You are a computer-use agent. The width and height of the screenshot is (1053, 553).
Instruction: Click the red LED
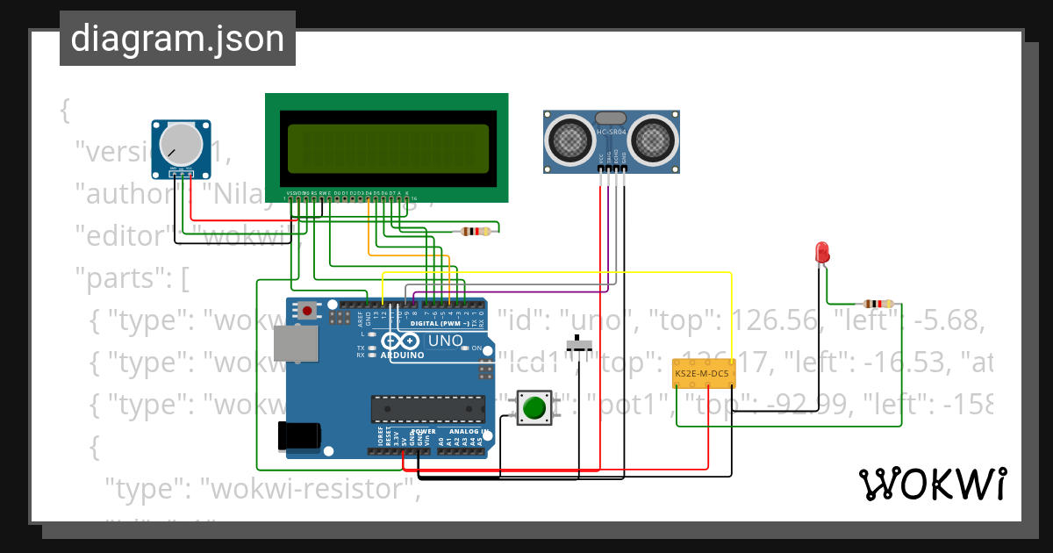[x=822, y=252]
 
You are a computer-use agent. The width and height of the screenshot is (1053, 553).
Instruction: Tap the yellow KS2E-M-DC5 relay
[x=704, y=374]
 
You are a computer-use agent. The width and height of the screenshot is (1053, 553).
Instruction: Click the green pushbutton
[x=533, y=408]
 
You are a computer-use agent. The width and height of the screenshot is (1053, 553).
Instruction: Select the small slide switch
[x=577, y=344]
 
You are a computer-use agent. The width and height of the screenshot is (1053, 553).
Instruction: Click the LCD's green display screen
[x=385, y=147]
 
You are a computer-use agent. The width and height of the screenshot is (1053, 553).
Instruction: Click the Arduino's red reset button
[x=307, y=310]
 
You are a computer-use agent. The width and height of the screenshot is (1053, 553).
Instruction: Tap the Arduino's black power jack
[x=298, y=436]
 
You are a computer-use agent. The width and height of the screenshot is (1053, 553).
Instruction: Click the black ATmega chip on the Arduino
[x=427, y=409]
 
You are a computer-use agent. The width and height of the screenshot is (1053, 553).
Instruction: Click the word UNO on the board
[x=445, y=340]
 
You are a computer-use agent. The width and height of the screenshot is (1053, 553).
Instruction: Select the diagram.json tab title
[x=177, y=39]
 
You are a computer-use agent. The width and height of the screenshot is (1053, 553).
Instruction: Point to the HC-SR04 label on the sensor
[x=612, y=133]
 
